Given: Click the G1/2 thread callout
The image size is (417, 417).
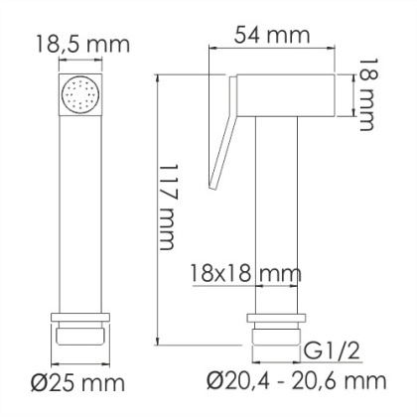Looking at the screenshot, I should pos(329,348).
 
